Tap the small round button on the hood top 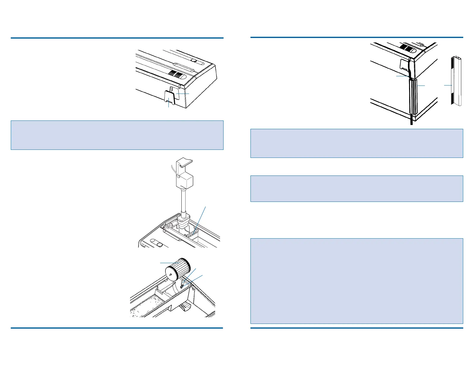pyautogui.click(x=194, y=61)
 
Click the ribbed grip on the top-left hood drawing pyautogui.click(x=175, y=74)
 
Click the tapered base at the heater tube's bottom pyautogui.click(x=183, y=223)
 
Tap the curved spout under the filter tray pyautogui.click(x=186, y=306)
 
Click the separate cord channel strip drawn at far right pyautogui.click(x=456, y=81)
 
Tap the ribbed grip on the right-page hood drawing pyautogui.click(x=406, y=48)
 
